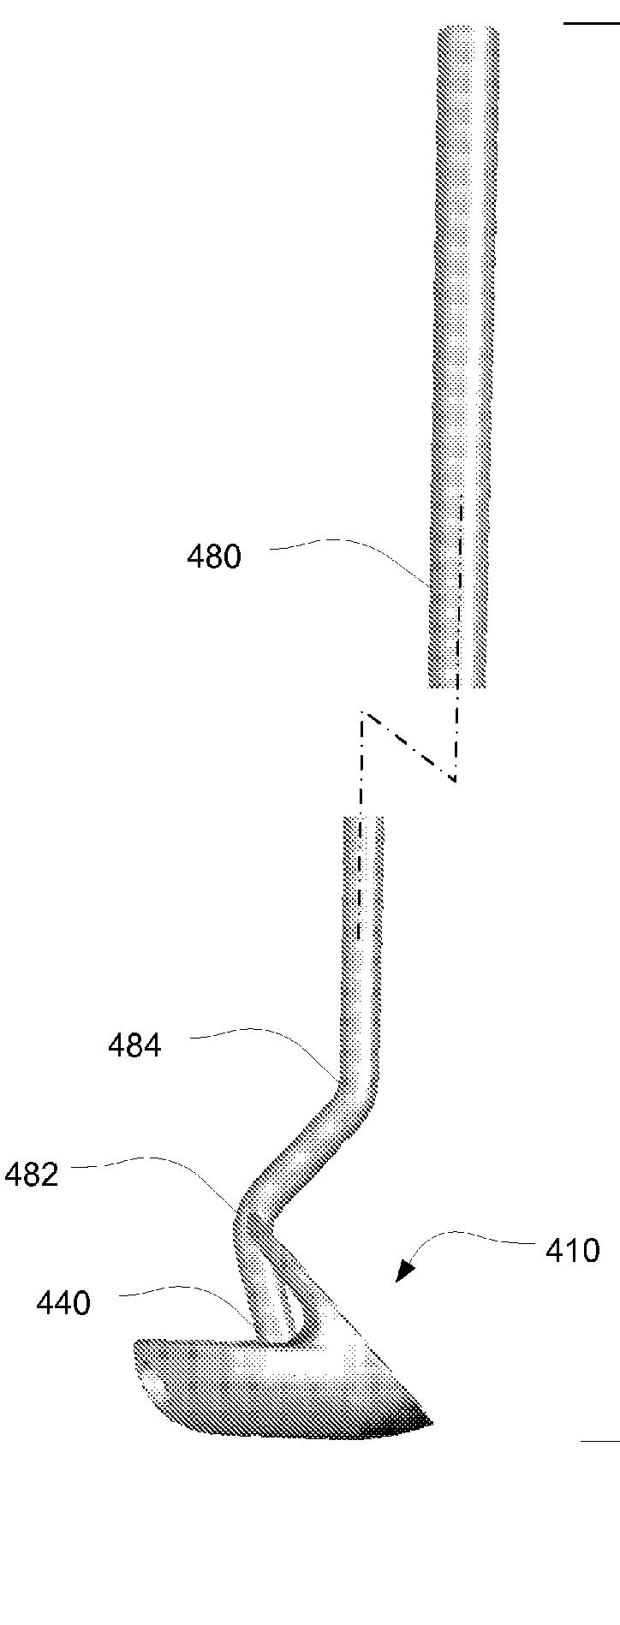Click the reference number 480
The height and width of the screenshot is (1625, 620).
click(214, 557)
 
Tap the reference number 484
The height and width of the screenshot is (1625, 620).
click(134, 1045)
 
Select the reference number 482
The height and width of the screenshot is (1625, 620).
click(31, 1174)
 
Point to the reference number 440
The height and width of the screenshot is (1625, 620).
click(63, 1303)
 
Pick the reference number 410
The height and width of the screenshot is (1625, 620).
click(573, 1251)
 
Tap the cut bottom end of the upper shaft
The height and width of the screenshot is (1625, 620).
click(457, 686)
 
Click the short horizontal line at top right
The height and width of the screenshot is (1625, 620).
click(592, 23)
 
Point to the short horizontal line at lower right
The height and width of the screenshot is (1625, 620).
click(600, 1441)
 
